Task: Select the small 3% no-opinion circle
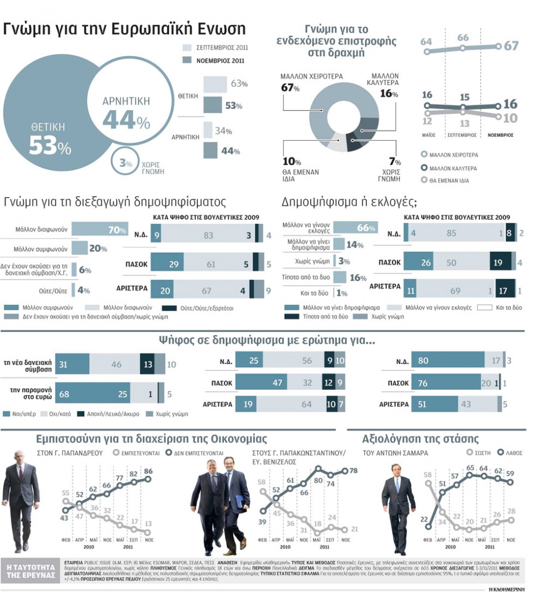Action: [x=125, y=164]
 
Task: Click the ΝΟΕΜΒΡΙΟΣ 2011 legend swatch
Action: [x=187, y=60]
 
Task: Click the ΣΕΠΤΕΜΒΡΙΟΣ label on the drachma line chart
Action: [x=463, y=135]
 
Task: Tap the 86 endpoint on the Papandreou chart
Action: [x=148, y=472]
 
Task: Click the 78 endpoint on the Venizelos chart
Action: [x=354, y=471]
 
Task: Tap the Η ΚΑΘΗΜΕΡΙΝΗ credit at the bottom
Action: [x=507, y=589]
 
